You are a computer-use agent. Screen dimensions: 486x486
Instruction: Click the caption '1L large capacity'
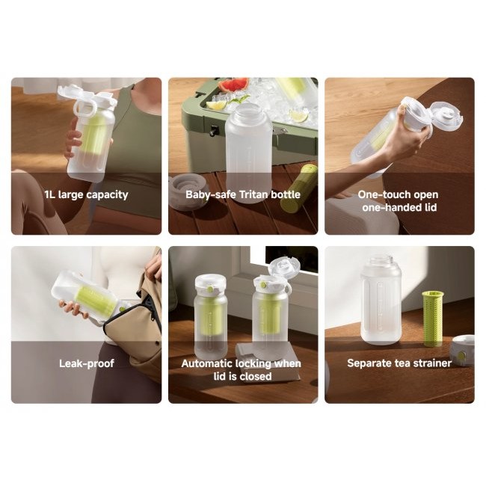[x=86, y=195]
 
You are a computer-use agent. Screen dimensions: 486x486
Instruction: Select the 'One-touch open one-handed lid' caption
[x=399, y=201]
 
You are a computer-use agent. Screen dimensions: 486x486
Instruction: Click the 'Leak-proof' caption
[x=86, y=363]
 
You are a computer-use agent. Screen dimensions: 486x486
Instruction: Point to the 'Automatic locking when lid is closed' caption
[x=242, y=369]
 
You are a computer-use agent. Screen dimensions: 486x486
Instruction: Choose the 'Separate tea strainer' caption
[x=399, y=363]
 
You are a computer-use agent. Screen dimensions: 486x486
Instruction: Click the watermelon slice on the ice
[x=234, y=84]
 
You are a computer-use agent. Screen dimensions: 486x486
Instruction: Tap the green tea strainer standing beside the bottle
[x=433, y=318]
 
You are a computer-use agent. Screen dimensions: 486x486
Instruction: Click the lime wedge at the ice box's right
[x=298, y=115]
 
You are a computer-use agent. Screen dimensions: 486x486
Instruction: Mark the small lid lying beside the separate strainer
[x=462, y=349]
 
